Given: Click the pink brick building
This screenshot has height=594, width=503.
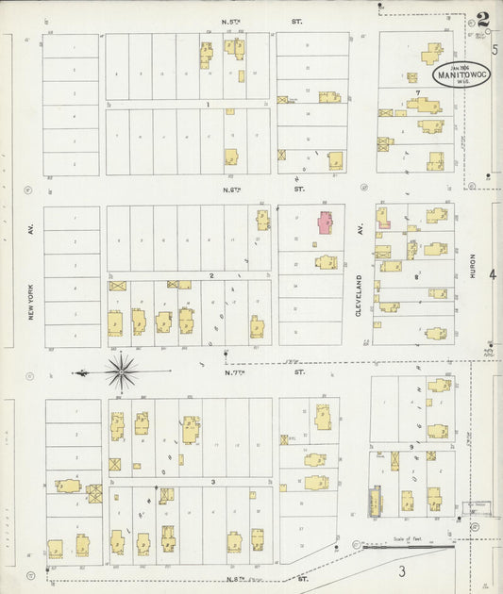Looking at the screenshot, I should coord(325,223).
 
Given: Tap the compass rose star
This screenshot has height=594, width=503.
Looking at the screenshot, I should coord(122,371).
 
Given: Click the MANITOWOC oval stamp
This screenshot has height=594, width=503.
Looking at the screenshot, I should coord(461,74).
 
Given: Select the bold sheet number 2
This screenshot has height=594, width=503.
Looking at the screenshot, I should coord(483,20).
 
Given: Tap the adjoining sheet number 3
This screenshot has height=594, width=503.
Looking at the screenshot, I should coord(401,571).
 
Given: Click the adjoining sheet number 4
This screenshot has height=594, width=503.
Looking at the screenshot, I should coord(492,274).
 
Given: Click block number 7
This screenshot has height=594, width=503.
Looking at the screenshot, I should coord(416,92).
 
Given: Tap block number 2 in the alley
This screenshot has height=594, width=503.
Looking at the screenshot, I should coord(211,275).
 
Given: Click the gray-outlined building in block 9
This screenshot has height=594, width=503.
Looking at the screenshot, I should coord(377,501).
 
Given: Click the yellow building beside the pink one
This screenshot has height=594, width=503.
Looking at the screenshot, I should coord(327,261).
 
